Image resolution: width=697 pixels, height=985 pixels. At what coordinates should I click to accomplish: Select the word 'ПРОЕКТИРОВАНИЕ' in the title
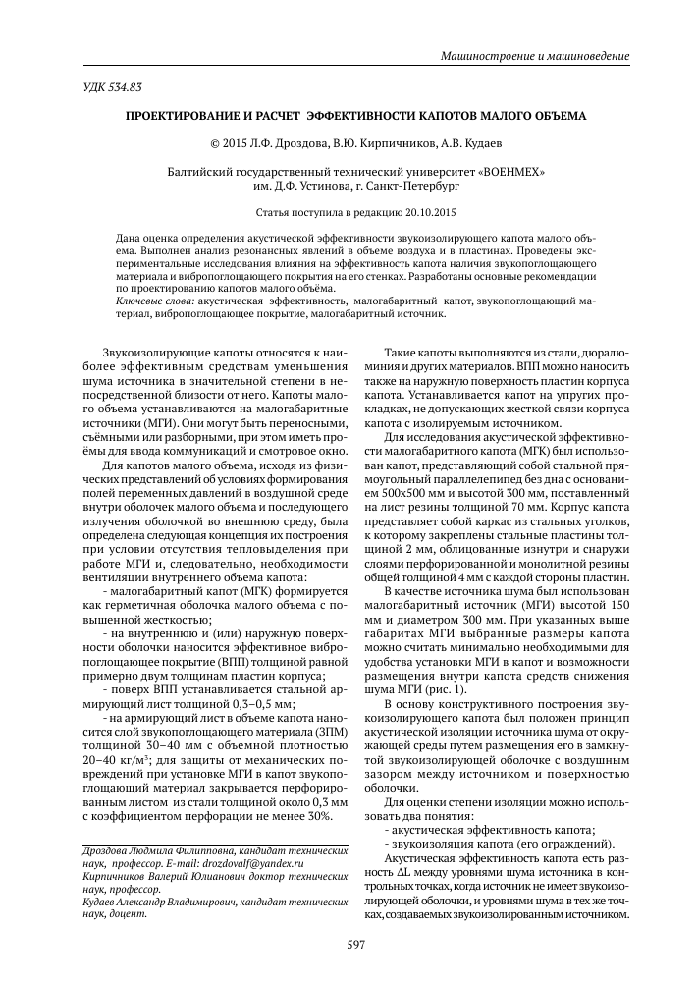[x=183, y=115]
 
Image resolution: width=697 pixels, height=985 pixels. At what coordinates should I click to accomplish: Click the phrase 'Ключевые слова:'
[x=154, y=302]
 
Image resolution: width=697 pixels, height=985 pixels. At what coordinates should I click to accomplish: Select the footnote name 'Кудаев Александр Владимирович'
[x=151, y=908]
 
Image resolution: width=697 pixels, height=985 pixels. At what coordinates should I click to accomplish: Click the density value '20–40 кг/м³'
[x=116, y=759]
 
